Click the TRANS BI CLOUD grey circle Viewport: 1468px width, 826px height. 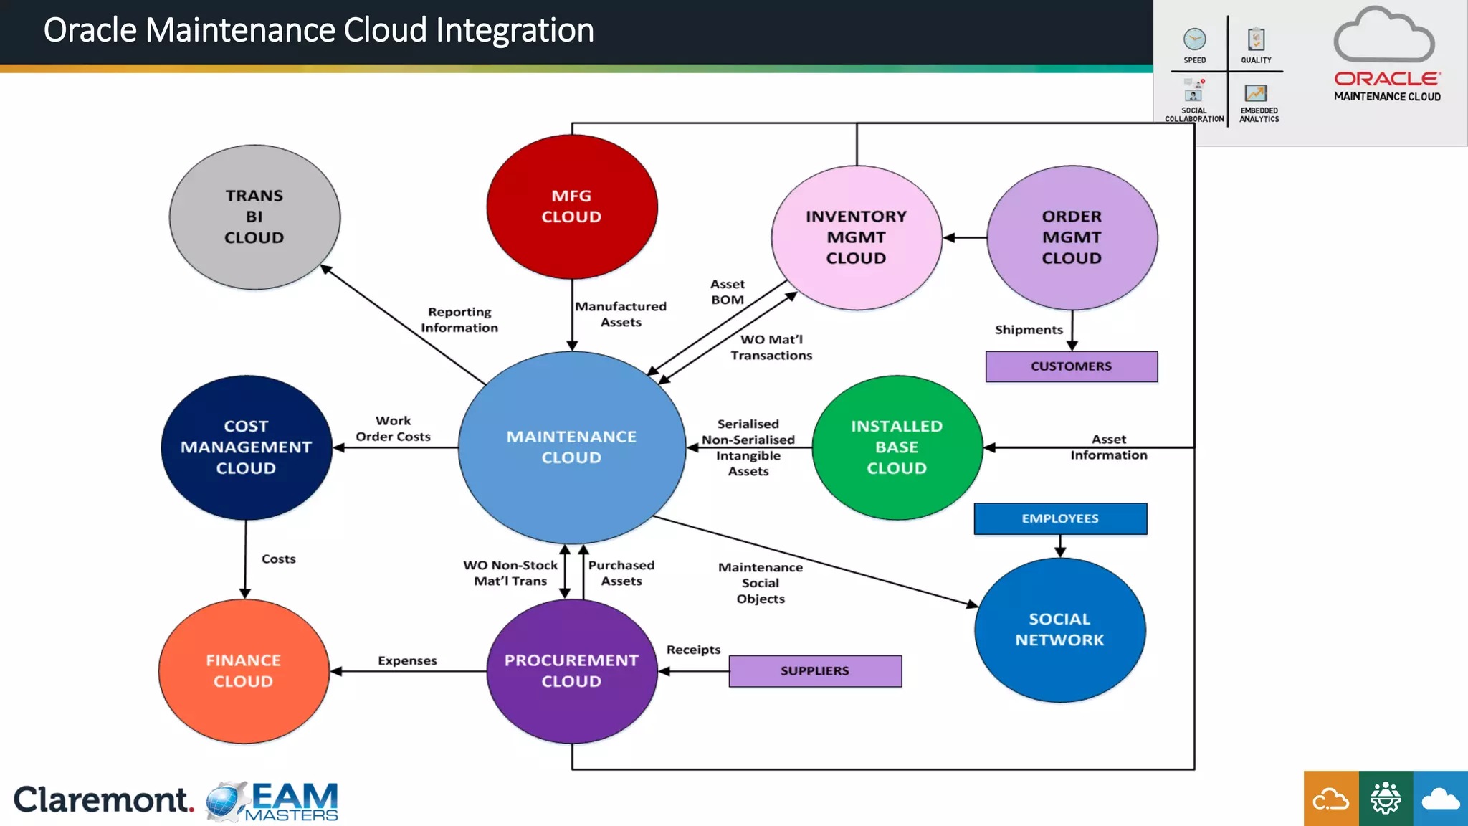[x=254, y=217]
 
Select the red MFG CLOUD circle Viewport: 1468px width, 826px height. [x=571, y=206]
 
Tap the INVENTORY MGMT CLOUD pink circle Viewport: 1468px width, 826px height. [x=856, y=237]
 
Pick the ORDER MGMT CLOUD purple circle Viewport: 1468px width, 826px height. [x=1072, y=237]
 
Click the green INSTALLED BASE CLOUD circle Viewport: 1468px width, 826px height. [x=896, y=447]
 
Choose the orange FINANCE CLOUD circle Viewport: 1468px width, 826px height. [x=244, y=671]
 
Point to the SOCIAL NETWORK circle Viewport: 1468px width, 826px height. [x=1059, y=630]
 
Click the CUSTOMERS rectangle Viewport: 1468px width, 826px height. [x=1071, y=366]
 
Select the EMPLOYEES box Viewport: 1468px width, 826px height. [x=1059, y=518]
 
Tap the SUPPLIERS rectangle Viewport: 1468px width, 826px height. [x=815, y=671]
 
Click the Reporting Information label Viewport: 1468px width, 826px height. [x=459, y=320]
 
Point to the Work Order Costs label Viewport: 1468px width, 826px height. [x=393, y=429]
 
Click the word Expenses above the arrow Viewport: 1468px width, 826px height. [x=407, y=660]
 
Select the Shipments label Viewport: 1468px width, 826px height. [x=1029, y=330]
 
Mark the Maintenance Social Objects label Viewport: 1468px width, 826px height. [x=761, y=583]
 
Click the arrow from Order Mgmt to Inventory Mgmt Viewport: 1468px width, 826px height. [x=965, y=237]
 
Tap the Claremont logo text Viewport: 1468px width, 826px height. [x=103, y=799]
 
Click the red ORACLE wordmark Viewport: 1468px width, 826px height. [x=1386, y=79]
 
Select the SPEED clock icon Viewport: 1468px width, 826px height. [x=1194, y=39]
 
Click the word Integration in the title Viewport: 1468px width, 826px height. [x=515, y=30]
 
